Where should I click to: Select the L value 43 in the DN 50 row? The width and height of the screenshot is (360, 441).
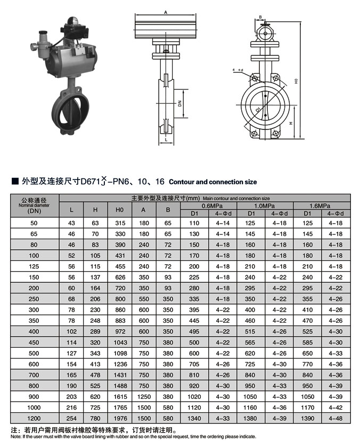click(72, 223)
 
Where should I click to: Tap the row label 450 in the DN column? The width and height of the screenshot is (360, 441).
click(34, 342)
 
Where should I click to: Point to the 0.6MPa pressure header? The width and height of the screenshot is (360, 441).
click(209, 205)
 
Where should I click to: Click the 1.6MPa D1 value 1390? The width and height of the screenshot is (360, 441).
click(307, 419)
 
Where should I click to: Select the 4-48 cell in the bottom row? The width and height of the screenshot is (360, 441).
click(336, 419)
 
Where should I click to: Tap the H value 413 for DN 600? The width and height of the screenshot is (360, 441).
click(95, 364)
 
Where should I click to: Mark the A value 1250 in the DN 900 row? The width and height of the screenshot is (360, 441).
click(143, 397)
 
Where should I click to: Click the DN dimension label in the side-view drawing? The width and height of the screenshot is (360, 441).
click(181, 103)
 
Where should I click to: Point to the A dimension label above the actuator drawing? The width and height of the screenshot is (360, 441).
click(166, 12)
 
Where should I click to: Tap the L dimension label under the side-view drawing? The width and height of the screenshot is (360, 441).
click(166, 140)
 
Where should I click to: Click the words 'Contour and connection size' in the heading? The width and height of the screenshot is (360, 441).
click(213, 182)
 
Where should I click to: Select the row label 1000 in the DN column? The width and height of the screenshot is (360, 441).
click(34, 408)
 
